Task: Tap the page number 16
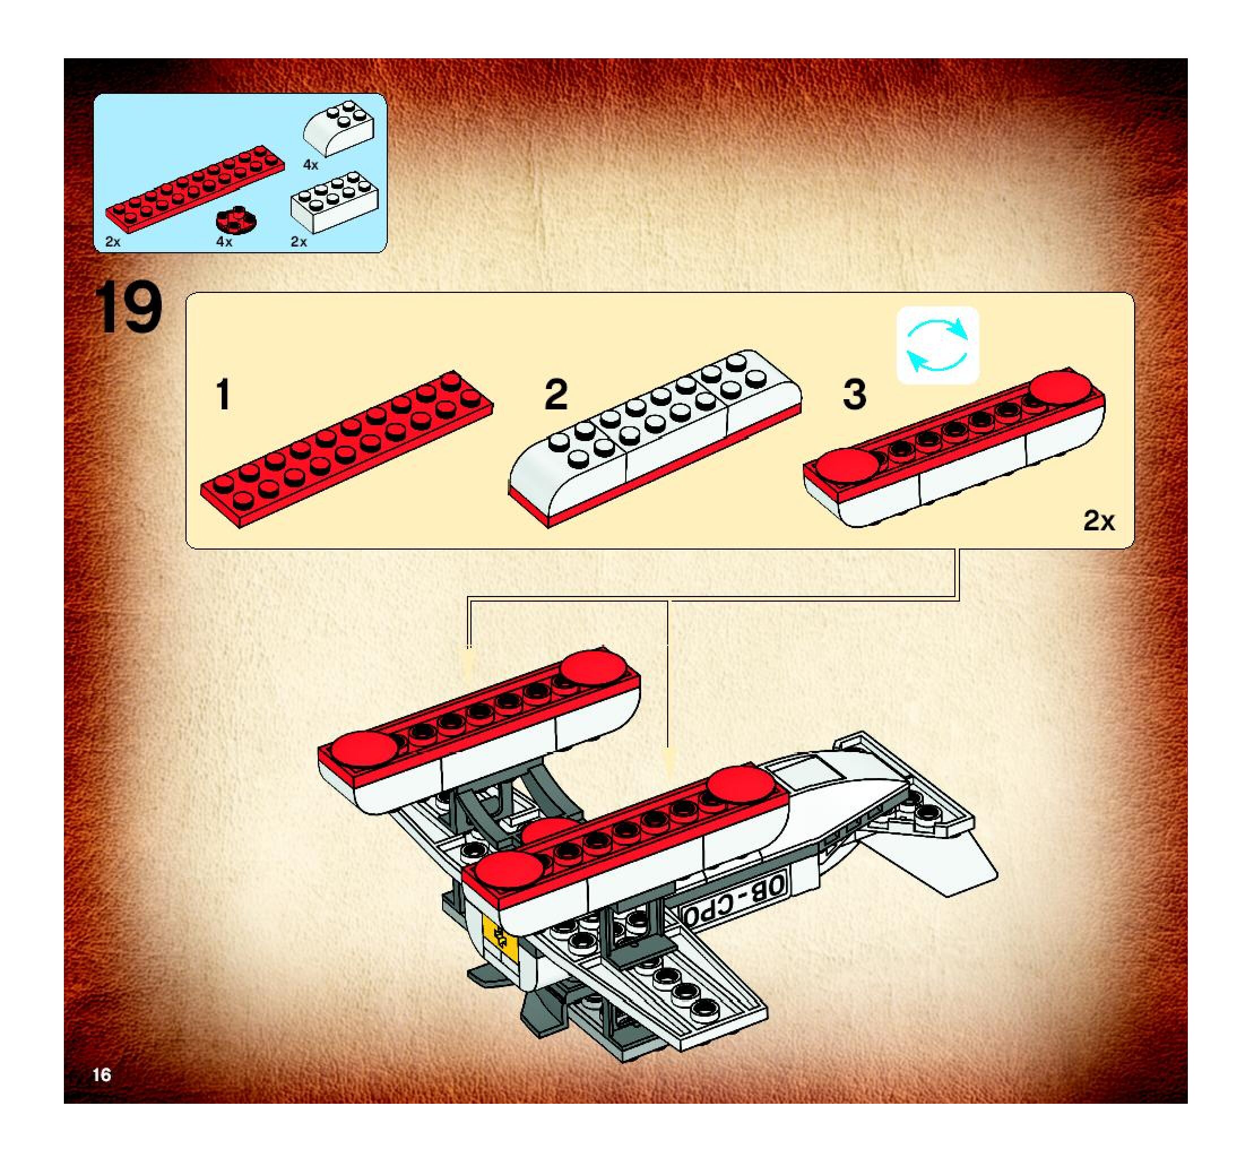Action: point(102,1075)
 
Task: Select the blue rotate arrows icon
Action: point(937,345)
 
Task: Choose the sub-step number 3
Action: point(854,394)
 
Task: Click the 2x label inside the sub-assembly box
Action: point(1099,521)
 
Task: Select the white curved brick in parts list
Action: point(338,127)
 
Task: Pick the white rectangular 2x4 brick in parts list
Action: point(334,201)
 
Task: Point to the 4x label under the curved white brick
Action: point(310,165)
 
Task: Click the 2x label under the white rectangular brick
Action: point(299,241)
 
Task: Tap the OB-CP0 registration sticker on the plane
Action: point(736,897)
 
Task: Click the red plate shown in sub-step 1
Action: point(347,449)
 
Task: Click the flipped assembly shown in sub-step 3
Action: point(954,447)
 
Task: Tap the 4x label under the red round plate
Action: point(224,241)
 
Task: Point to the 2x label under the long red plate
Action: point(113,241)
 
